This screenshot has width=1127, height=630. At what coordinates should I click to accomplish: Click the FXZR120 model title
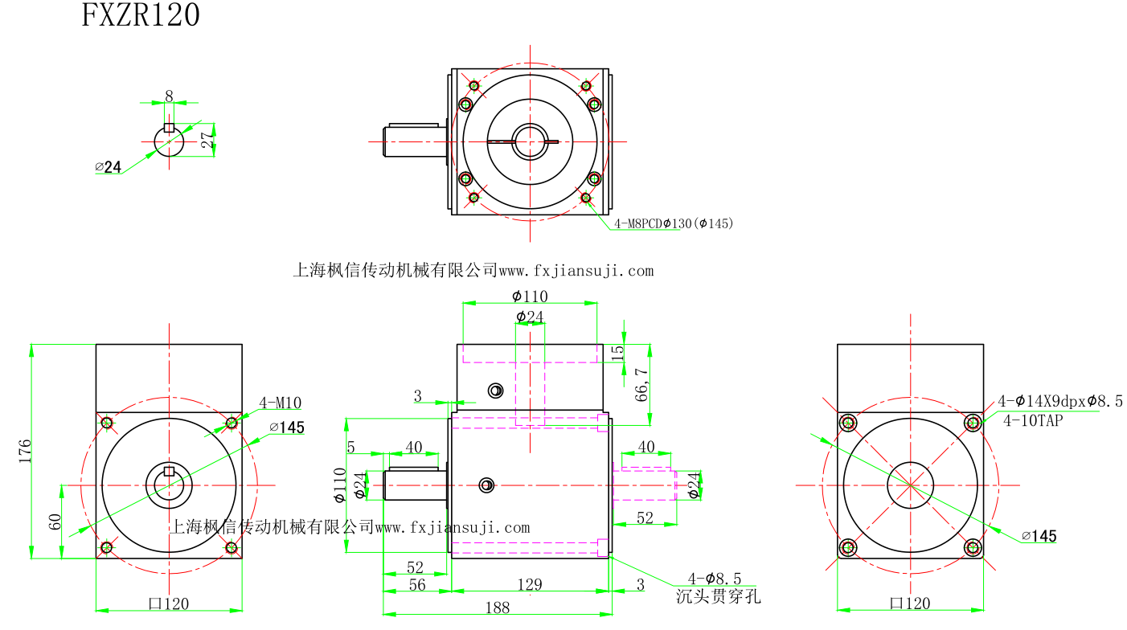[x=141, y=16]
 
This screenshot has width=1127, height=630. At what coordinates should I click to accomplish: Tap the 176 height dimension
[x=25, y=450]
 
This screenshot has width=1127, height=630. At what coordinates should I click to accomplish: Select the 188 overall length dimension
[x=498, y=607]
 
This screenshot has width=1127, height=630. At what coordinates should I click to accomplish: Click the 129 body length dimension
[x=530, y=584]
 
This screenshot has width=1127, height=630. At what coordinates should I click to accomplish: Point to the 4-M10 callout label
[x=281, y=403]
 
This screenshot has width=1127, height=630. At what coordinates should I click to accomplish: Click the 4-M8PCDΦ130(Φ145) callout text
[x=674, y=223]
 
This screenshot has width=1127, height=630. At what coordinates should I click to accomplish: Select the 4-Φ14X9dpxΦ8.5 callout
[x=1059, y=401]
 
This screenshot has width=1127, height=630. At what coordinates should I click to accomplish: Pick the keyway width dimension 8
[x=169, y=96]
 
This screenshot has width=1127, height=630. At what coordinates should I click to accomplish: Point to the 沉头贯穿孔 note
[x=718, y=597]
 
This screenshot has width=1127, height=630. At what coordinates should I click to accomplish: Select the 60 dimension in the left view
[x=55, y=521]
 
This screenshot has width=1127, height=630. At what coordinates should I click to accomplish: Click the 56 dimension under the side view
[x=416, y=585]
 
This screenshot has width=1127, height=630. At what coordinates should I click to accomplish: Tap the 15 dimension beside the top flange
[x=617, y=352]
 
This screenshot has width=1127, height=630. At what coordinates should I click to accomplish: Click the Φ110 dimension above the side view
[x=530, y=297]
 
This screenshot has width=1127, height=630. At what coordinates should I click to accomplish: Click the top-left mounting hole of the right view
[x=847, y=422]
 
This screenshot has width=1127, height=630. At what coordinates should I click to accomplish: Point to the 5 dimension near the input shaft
[x=350, y=447]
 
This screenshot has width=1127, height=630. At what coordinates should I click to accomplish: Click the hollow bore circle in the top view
[x=530, y=141]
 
